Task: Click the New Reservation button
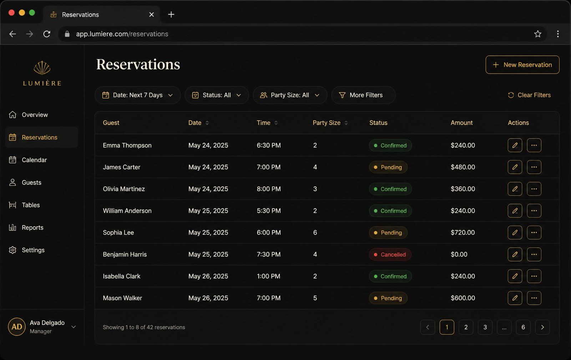pos(522,65)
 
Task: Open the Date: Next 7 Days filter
pos(138,95)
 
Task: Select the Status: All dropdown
pos(217,95)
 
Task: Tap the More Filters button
pos(363,95)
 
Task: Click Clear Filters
pos(529,95)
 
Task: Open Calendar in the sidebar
pos(34,160)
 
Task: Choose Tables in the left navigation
pos(31,205)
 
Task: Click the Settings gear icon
pos(12,250)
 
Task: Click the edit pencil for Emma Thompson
pos(515,145)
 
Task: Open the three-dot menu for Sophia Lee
pos(534,232)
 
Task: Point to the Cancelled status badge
pos(390,254)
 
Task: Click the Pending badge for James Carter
pos(388,167)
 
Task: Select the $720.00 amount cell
pos(463,232)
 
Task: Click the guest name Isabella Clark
pos(122,276)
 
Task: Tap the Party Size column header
pos(327,123)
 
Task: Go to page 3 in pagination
pos(485,327)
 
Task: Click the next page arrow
pos(542,327)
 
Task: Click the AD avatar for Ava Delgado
pos(17,327)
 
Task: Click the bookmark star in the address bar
pos(537,34)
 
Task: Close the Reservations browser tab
pos(151,15)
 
